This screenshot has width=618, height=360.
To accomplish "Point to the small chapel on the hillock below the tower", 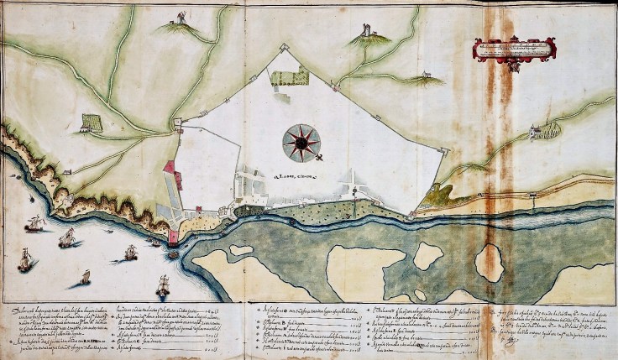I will pyautogui.click(x=432, y=76).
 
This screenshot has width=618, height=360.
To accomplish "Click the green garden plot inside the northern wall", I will pyautogui.click(x=295, y=76).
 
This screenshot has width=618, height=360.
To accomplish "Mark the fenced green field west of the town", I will pyautogui.click(x=91, y=123).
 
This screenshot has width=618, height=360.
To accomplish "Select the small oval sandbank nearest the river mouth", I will pyautogui.click(x=241, y=250).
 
